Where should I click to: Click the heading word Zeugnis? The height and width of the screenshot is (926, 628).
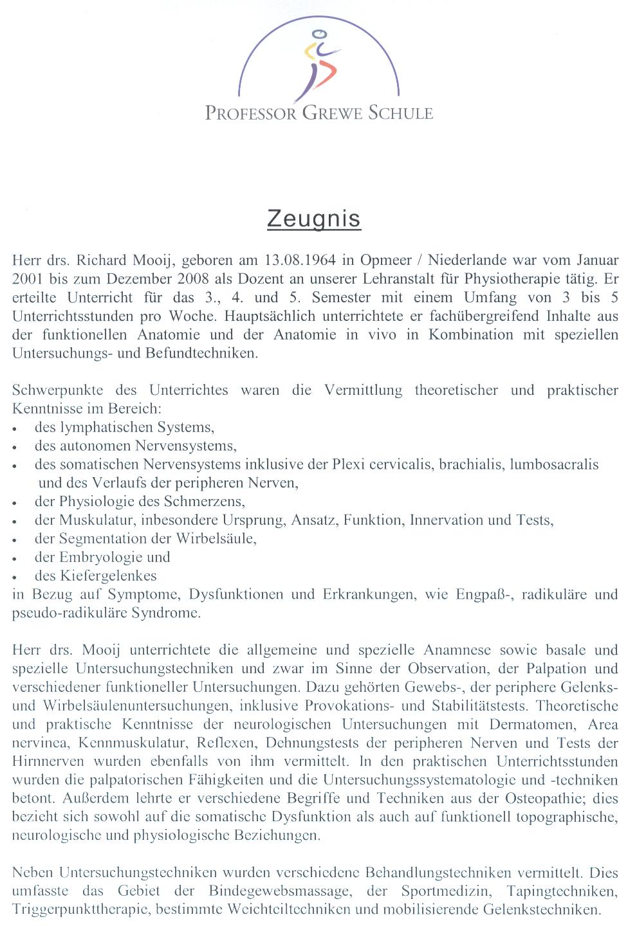(313, 219)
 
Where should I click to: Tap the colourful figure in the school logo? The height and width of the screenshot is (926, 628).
(320, 64)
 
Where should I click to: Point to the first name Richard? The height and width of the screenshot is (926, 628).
(102, 260)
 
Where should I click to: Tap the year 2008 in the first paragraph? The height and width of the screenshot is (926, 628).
(177, 279)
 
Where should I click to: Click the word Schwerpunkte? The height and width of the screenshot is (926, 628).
(57, 390)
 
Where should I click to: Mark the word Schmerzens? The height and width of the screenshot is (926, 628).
(204, 502)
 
